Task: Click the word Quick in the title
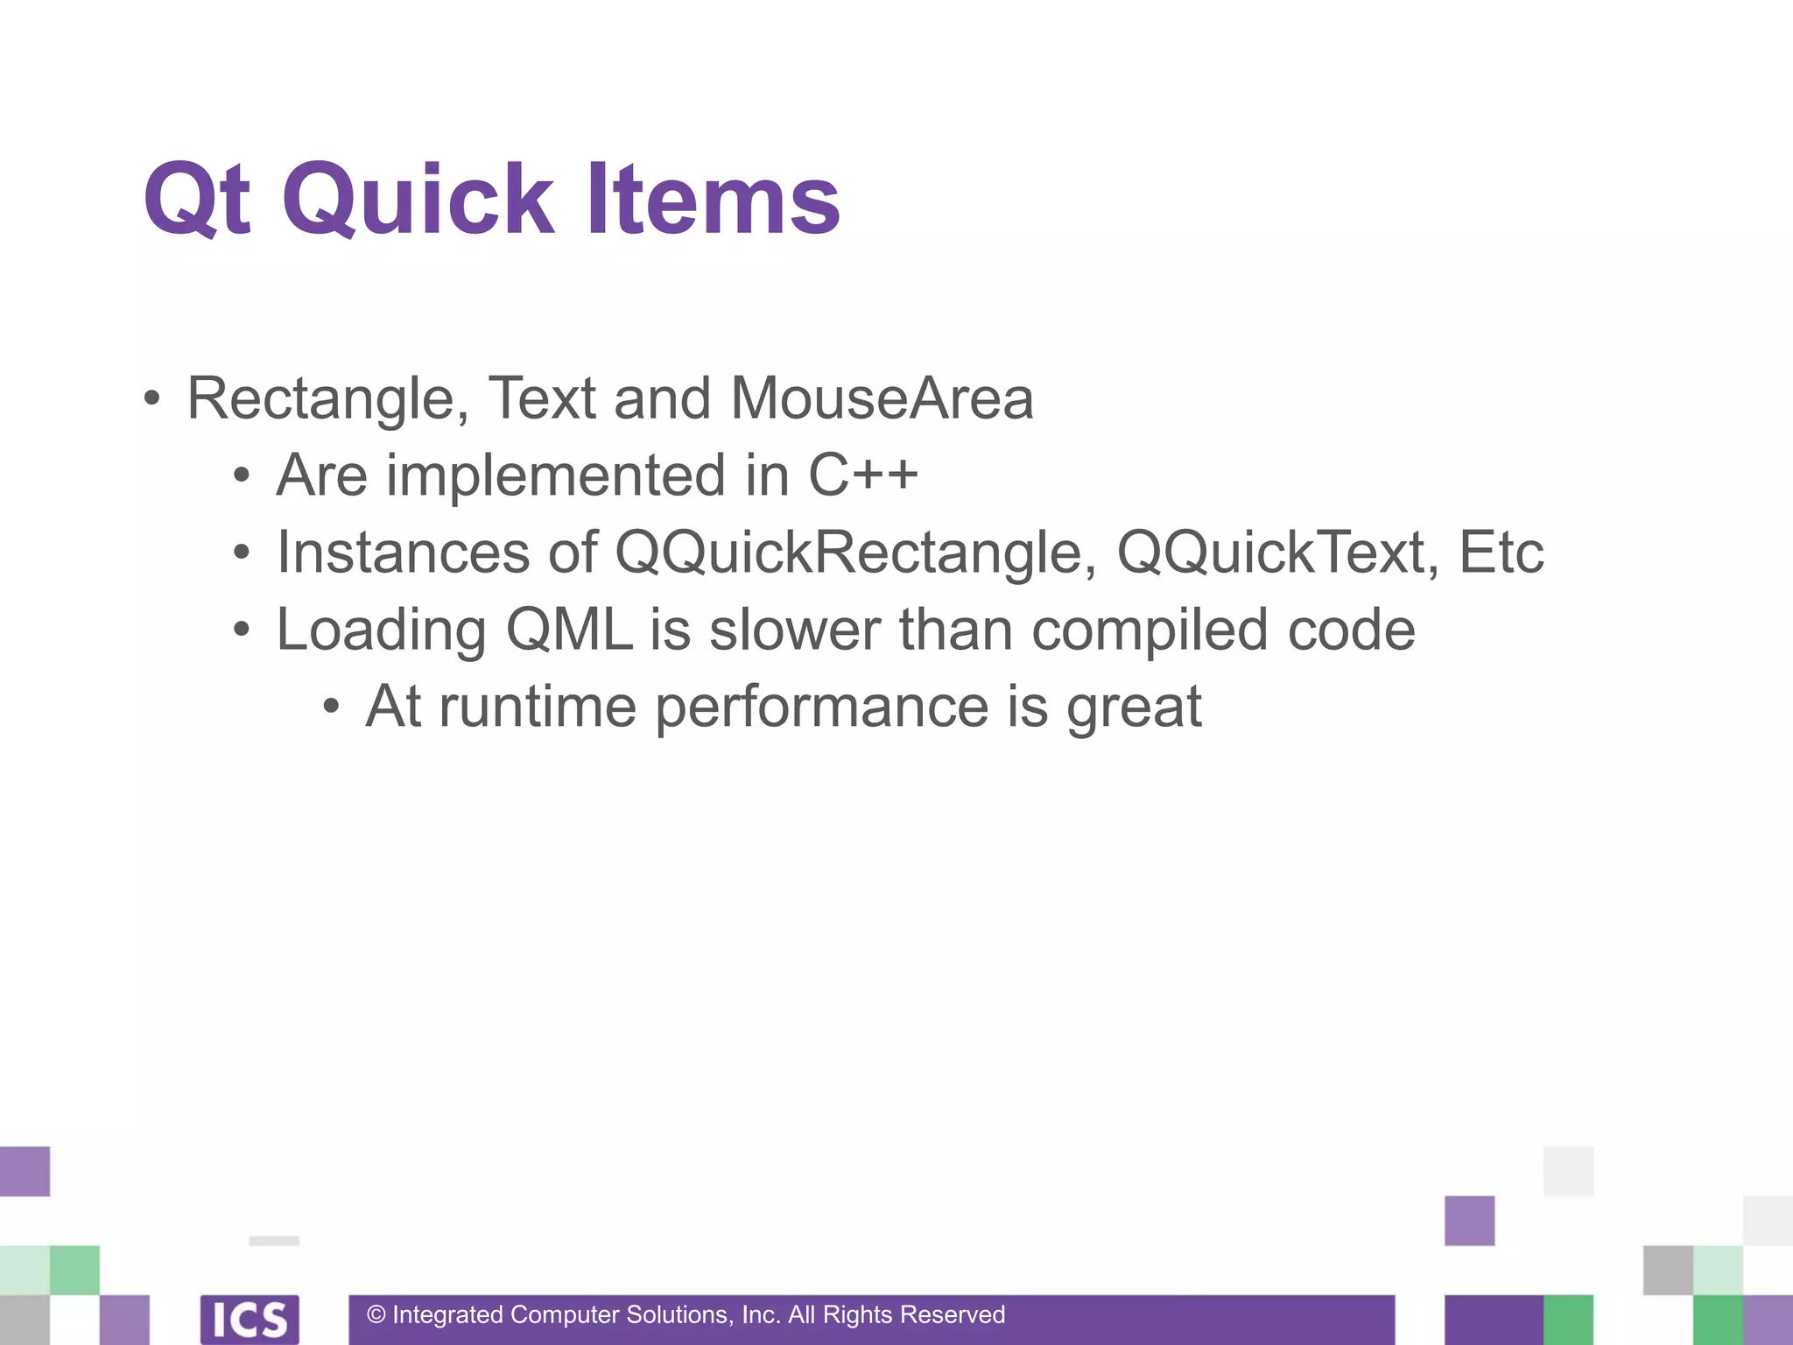click(418, 201)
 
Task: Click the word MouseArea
click(881, 399)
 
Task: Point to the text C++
click(862, 475)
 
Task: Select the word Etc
click(1501, 553)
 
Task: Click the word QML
click(569, 630)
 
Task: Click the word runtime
click(537, 707)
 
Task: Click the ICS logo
click(250, 1319)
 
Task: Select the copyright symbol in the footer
click(376, 1315)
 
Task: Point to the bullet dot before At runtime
click(330, 707)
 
